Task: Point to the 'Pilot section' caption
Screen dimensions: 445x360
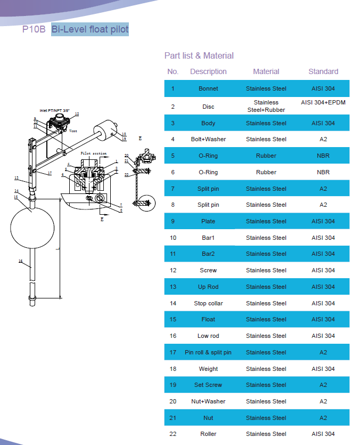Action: coord(94,153)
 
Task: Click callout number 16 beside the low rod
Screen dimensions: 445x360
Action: coord(20,261)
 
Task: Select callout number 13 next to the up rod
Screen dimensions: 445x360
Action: coord(17,177)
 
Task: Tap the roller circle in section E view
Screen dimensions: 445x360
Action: coord(145,204)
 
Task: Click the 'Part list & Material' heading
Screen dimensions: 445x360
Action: coord(199,55)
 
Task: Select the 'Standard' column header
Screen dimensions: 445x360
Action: coord(323,71)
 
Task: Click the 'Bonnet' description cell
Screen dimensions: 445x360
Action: coord(208,88)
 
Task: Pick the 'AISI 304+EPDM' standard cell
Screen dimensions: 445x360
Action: coord(323,102)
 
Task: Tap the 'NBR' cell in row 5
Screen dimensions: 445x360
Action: coord(323,156)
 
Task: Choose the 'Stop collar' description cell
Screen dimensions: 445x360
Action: coord(208,303)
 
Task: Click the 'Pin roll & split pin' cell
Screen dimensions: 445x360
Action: coord(208,352)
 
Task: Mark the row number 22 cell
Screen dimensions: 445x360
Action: coord(173,434)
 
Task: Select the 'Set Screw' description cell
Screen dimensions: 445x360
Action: coord(208,385)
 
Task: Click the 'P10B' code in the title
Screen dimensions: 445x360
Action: coord(34,30)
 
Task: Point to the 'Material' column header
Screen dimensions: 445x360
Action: coord(266,71)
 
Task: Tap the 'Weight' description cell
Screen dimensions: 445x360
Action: coord(208,369)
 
